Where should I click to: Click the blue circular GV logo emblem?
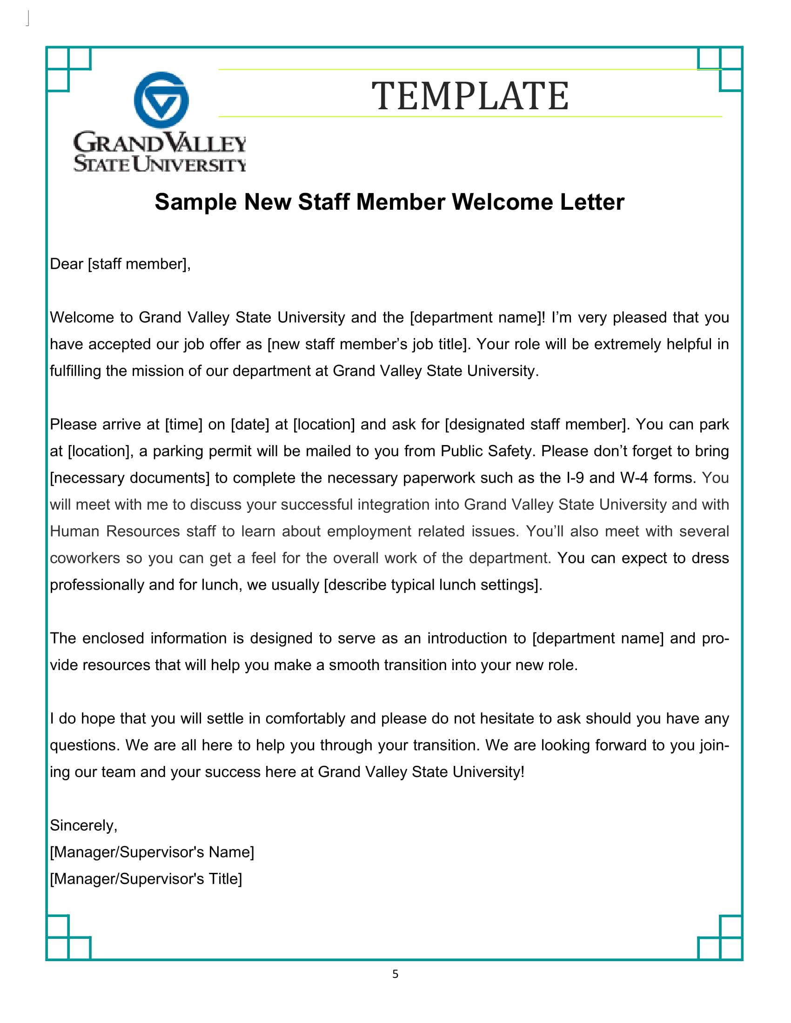click(161, 100)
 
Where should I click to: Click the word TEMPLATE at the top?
click(470, 96)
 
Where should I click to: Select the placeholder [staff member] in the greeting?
click(138, 264)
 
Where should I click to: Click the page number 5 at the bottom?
click(395, 974)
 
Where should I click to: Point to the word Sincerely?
click(82, 825)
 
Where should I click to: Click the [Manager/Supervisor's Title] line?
click(146, 878)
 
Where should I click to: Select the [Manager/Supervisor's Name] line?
click(152, 851)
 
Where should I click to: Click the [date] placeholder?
click(250, 425)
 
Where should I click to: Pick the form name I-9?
click(575, 478)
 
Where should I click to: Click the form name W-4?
click(634, 478)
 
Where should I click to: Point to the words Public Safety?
click(486, 451)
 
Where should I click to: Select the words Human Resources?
click(115, 531)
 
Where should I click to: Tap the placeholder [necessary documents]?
click(130, 478)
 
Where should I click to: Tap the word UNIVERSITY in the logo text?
click(189, 165)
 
